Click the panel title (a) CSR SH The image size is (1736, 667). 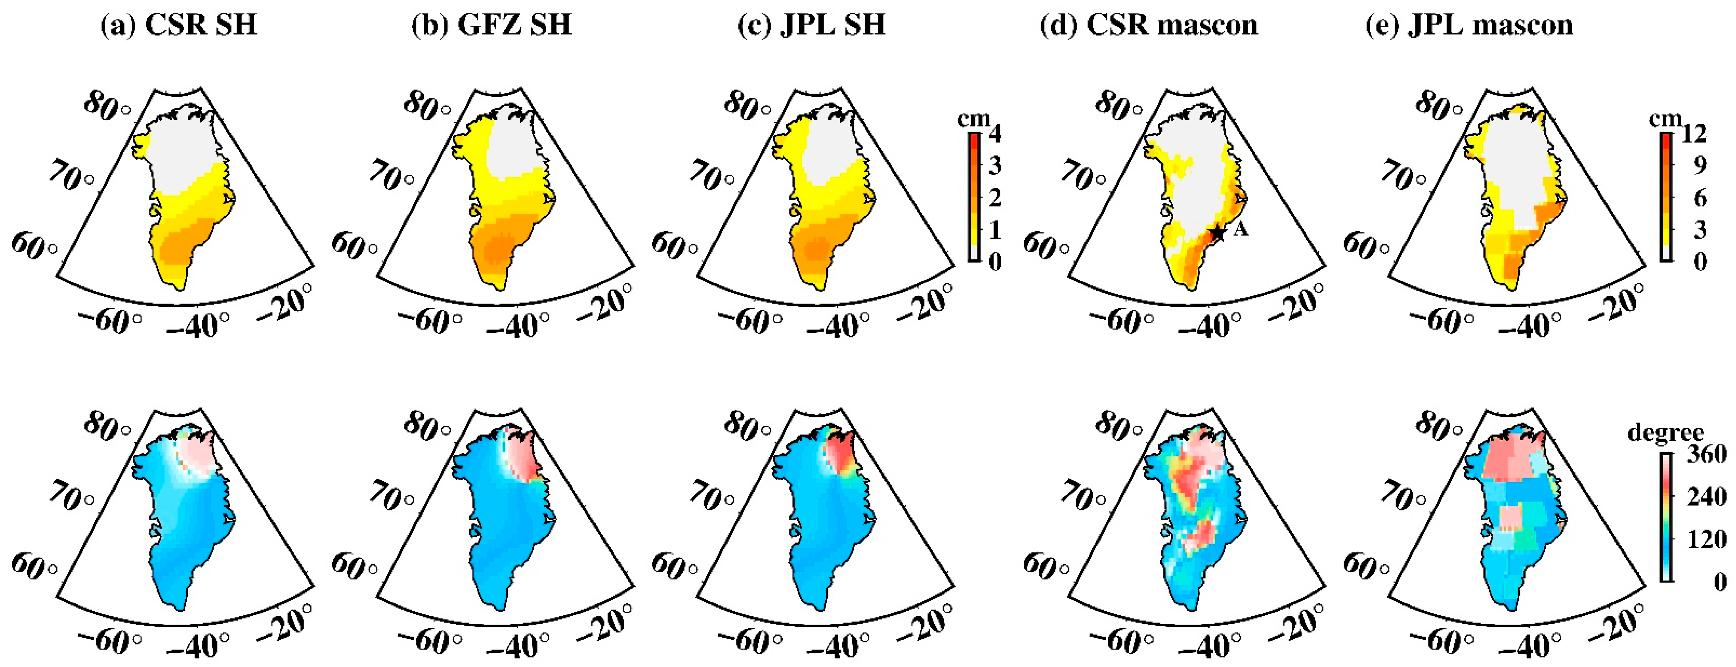[179, 25]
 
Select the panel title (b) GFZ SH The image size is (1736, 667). [491, 25]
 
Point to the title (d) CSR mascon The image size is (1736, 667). [1149, 25]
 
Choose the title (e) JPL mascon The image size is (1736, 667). [1469, 25]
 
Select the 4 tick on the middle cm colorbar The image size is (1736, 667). [994, 134]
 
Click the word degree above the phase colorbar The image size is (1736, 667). [1665, 431]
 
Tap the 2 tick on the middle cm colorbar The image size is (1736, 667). [994, 197]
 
